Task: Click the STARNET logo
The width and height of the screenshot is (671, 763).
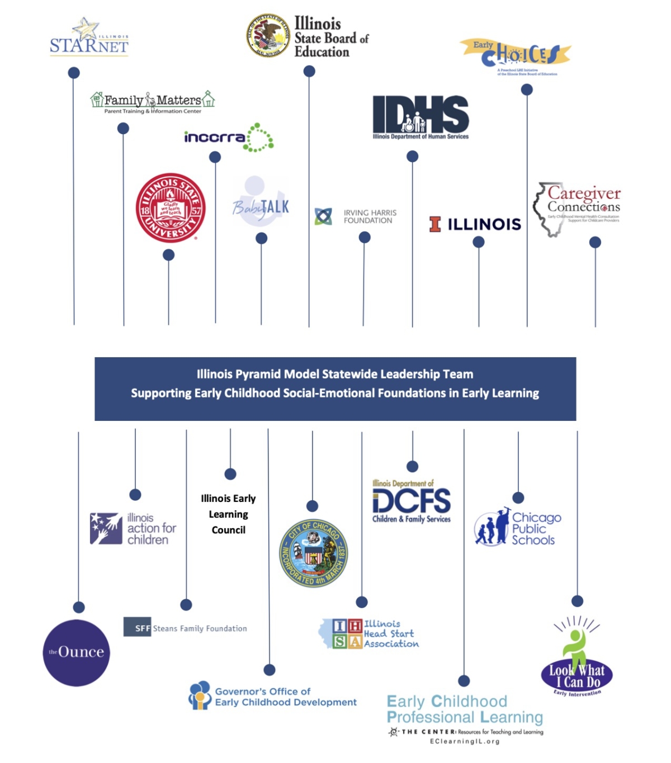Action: coord(89,38)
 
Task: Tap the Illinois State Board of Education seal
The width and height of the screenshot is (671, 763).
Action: coord(268,36)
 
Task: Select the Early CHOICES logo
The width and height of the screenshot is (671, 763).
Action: coord(515,55)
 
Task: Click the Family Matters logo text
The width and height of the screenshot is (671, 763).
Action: coord(152,101)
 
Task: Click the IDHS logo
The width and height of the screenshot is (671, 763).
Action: coord(420,115)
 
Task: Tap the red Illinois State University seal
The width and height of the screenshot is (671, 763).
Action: coord(171,207)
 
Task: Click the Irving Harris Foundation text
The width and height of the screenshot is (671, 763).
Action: coord(370,216)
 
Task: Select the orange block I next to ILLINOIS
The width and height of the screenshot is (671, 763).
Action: coord(435,224)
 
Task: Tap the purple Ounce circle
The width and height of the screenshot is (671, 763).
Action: coord(77,652)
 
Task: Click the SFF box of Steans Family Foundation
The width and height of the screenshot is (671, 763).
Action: coord(138,627)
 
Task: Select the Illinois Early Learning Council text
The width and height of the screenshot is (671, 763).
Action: coord(228,514)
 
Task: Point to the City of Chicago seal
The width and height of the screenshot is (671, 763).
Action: coord(313,553)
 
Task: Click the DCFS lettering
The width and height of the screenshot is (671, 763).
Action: coord(412,501)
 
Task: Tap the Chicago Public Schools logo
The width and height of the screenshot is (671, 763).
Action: coord(518,528)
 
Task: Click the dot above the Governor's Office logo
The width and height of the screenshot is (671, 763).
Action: coord(270,670)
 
